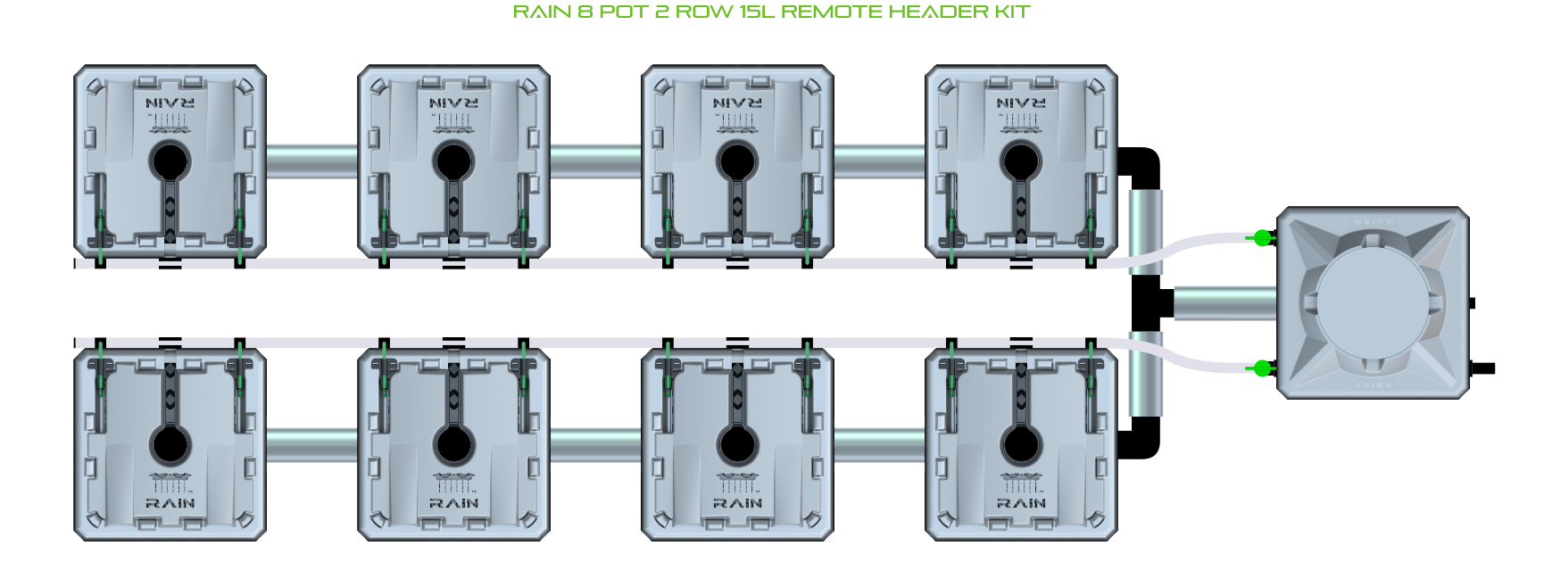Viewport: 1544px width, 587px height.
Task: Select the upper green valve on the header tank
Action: (1261, 237)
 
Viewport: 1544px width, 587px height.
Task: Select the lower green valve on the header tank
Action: (1261, 368)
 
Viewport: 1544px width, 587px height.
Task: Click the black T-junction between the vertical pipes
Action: (1150, 303)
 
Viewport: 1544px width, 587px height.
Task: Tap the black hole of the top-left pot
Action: (170, 162)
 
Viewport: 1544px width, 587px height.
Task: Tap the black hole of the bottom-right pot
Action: (1021, 444)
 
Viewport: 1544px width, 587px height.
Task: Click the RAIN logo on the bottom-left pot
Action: (170, 503)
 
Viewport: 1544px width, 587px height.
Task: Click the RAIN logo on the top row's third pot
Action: (737, 103)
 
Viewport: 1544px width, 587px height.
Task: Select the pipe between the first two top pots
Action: (311, 161)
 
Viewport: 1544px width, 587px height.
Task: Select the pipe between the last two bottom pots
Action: (879, 444)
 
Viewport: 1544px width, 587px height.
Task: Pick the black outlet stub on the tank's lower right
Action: (1482, 368)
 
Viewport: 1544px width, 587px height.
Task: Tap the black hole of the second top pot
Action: (453, 162)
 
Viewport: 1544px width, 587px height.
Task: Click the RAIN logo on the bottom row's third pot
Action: (737, 503)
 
